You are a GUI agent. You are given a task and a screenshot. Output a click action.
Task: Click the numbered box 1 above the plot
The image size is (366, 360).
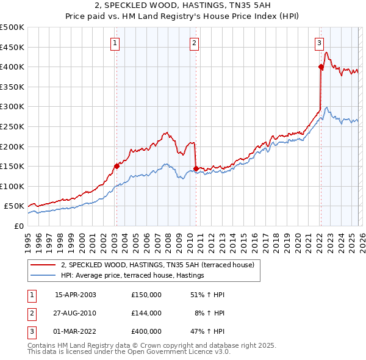coord(116,43)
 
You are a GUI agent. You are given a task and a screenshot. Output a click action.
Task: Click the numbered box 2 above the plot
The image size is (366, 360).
coord(194,43)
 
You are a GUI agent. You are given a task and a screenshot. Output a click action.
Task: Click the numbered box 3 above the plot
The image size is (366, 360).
coord(319,43)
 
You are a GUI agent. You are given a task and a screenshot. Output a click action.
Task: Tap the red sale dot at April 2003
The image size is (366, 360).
coord(117,165)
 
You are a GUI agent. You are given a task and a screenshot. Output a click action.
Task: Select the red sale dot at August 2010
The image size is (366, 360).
coord(196,168)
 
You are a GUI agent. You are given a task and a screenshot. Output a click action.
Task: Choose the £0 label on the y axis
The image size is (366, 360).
coord(19,226)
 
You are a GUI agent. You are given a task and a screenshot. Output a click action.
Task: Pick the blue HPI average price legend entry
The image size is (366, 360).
coord(132,276)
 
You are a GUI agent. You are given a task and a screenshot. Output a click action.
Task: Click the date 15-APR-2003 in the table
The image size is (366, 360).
coord(75,295)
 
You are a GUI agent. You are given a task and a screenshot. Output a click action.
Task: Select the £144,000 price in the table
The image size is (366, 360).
coord(146,313)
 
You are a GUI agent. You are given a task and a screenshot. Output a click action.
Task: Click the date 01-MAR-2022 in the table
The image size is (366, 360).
coord(75,331)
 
